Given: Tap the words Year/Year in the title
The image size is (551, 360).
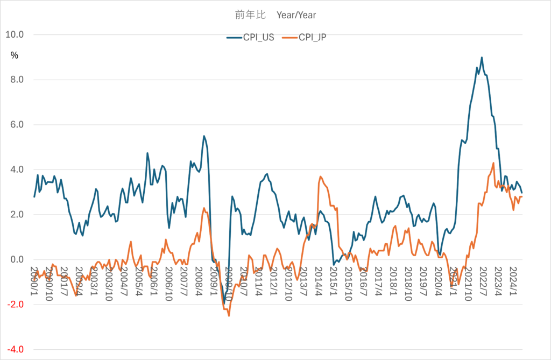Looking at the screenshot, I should [x=299, y=15].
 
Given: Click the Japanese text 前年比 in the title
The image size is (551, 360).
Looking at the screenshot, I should [x=247, y=15].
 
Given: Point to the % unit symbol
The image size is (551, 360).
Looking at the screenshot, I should [x=15, y=54].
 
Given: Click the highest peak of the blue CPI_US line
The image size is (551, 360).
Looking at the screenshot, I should [x=482, y=58].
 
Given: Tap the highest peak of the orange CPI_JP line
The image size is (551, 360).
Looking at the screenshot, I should [x=493, y=163].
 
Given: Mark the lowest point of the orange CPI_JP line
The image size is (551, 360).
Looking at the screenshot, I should [x=229, y=316].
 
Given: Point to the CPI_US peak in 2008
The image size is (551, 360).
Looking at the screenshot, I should [x=204, y=136].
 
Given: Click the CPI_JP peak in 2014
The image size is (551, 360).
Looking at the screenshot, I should [x=321, y=177].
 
